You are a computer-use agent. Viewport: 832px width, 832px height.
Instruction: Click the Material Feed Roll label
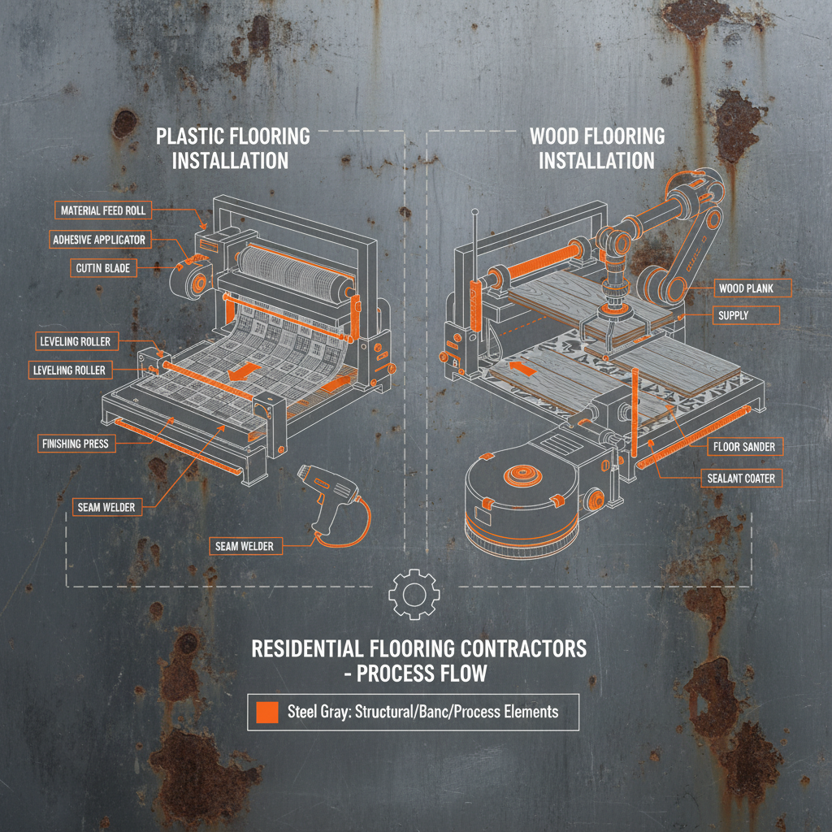click(x=103, y=210)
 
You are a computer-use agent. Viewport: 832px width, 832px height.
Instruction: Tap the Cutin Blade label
click(x=103, y=268)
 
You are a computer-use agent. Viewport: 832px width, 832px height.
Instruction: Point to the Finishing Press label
click(x=75, y=444)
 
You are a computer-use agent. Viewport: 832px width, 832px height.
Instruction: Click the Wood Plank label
click(x=744, y=288)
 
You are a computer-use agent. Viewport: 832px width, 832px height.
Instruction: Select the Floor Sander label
click(x=744, y=446)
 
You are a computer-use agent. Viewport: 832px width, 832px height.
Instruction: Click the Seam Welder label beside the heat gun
click(x=245, y=546)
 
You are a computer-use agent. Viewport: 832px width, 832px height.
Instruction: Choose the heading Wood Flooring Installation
click(x=596, y=148)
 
